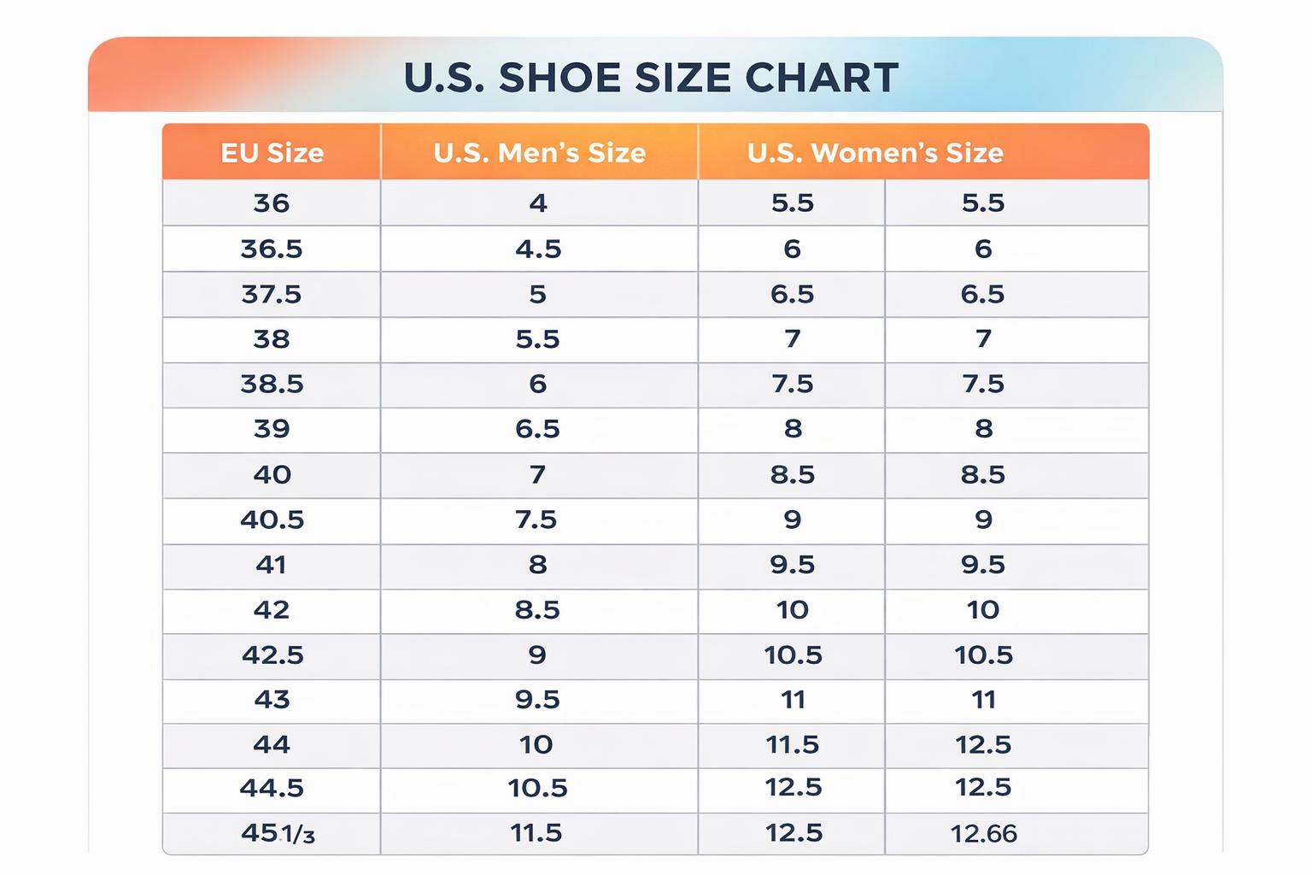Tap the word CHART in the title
click(x=821, y=78)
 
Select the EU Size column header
click(x=272, y=153)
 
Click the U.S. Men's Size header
click(x=539, y=153)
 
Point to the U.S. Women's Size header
click(x=875, y=153)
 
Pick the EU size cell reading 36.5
click(x=272, y=249)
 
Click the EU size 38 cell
click(x=272, y=339)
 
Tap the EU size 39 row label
click(x=272, y=429)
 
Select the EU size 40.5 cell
click(x=272, y=520)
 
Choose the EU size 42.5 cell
click(x=272, y=655)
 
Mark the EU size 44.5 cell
click(x=272, y=788)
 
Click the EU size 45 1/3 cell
click(x=278, y=833)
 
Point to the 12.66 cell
click(x=983, y=834)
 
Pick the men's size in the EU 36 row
click(x=538, y=203)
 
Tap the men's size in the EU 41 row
click(x=537, y=565)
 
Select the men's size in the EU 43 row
click(x=537, y=700)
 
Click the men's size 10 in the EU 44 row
click(x=536, y=744)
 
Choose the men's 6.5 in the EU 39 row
click(x=537, y=429)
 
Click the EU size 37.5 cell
click(x=272, y=294)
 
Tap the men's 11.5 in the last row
click(x=536, y=833)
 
